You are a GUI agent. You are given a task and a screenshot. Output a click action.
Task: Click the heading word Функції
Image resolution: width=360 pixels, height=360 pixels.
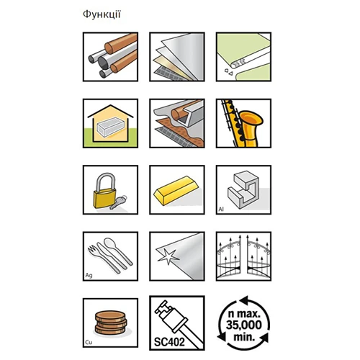tap(102, 14)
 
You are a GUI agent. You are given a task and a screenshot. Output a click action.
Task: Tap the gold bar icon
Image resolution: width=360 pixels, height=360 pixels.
tap(177, 190)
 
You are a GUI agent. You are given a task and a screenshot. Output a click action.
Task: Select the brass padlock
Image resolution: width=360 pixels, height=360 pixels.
tap(105, 191)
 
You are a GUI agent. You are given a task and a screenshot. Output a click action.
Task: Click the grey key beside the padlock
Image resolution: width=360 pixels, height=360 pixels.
tap(118, 202)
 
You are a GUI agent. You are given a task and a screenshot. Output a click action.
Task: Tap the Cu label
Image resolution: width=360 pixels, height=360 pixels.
tap(89, 342)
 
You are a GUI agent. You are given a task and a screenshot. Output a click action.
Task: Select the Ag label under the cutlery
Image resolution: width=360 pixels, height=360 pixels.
tap(89, 275)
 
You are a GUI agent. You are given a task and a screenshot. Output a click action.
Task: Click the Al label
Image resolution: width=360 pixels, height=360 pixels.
tap(221, 210)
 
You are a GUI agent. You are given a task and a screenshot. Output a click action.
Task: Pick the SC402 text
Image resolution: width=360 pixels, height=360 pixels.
tap(169, 342)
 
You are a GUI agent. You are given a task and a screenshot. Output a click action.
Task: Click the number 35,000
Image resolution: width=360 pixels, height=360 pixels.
tap(244, 325)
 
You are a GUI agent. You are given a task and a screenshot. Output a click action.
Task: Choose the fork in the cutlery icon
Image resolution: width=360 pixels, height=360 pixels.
tap(104, 260)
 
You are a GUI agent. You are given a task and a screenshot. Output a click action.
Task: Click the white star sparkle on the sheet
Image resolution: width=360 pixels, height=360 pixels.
tap(168, 257)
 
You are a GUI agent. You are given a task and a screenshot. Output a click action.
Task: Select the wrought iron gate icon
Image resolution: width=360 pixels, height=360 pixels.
tap(243, 256)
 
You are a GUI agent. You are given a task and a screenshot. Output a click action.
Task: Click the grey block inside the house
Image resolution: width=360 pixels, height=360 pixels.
tap(110, 127)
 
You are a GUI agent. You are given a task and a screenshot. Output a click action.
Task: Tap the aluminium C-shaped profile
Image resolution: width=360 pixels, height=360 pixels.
tap(243, 189)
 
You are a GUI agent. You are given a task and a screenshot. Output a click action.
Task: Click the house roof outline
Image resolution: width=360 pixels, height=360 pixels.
tap(110, 111)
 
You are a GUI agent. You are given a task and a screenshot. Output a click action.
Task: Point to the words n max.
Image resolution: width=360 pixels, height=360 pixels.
tap(244, 313)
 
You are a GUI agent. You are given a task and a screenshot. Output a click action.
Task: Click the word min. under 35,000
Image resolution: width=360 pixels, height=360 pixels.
tap(244, 336)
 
